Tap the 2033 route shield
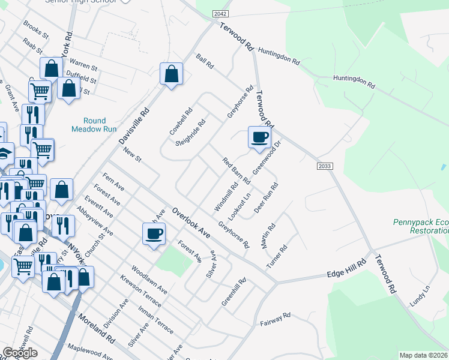pos(325,166)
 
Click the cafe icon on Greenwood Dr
pos(260,137)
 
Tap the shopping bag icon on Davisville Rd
pos(172,74)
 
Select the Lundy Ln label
pos(420,295)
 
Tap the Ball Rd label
pos(205,62)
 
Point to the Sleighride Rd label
pos(190,133)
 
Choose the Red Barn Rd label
pos(236,170)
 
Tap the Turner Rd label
pos(277,257)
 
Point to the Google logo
pos(20,353)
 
